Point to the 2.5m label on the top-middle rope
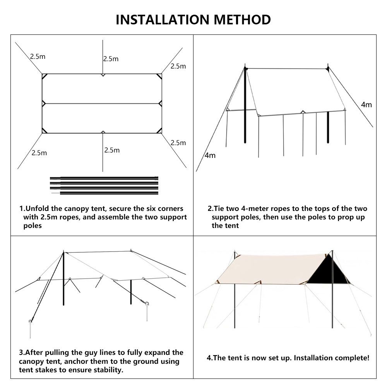click(111, 59)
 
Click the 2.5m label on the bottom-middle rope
click(112, 150)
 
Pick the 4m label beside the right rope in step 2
click(366, 104)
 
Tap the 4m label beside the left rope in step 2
click(210, 156)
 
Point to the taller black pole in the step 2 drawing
click(245, 104)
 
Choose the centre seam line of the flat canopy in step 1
click(102, 103)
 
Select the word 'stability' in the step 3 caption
click(108, 370)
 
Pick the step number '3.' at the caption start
click(22, 353)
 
